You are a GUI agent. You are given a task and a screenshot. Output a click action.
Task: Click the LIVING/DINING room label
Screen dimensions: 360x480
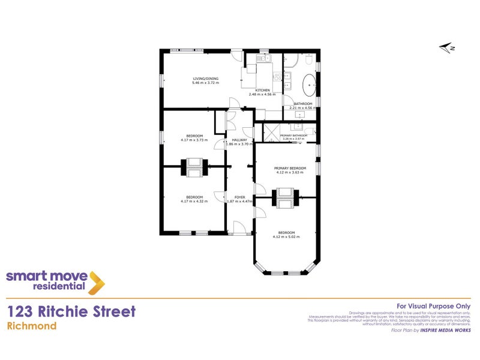(206, 79)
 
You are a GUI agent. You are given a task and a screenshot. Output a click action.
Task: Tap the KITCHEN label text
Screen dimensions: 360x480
(262, 91)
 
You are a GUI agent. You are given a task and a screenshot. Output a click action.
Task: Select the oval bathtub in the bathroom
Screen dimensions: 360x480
(310, 86)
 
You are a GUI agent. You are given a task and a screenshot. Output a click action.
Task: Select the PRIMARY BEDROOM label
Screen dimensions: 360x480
(290, 168)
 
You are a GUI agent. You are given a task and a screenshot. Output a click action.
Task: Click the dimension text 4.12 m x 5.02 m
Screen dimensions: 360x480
(286, 236)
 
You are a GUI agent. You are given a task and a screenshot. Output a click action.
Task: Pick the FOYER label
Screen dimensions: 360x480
(239, 197)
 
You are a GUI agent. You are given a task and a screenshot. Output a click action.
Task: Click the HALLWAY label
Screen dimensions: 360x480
(240, 140)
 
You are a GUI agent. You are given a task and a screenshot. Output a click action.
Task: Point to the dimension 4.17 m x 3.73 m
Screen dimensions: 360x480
(194, 140)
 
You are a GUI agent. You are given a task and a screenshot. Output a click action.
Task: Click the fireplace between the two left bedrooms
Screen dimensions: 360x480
(194, 168)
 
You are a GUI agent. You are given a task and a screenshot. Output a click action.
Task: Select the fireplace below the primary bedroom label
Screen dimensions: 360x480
(286, 197)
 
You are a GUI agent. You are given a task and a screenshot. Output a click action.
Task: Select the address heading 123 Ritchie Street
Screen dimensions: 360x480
(71, 311)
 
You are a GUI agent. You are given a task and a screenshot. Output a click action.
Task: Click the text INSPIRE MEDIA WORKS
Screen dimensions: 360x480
(445, 330)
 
